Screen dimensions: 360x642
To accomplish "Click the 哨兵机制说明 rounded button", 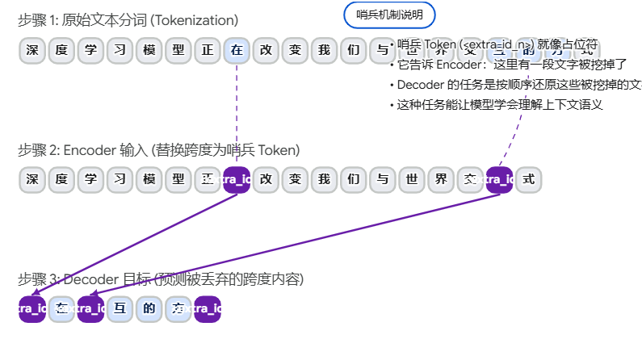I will coord(389,15).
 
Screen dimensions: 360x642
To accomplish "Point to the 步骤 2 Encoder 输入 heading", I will coord(158,150).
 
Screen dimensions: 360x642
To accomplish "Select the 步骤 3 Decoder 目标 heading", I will coord(161,280).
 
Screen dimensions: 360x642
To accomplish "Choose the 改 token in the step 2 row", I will coord(266,179).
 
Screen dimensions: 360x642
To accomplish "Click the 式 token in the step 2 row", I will coord(529,179).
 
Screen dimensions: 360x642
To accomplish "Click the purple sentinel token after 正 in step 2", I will coord(237,179).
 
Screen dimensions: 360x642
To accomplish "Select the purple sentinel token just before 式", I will coord(499,179).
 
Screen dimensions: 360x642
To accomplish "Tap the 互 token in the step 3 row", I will coord(120,308).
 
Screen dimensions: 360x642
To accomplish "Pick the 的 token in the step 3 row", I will coord(149,308).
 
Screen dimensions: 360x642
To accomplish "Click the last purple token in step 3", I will coord(208,308).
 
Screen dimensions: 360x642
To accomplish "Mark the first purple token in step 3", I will coord(32,308).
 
